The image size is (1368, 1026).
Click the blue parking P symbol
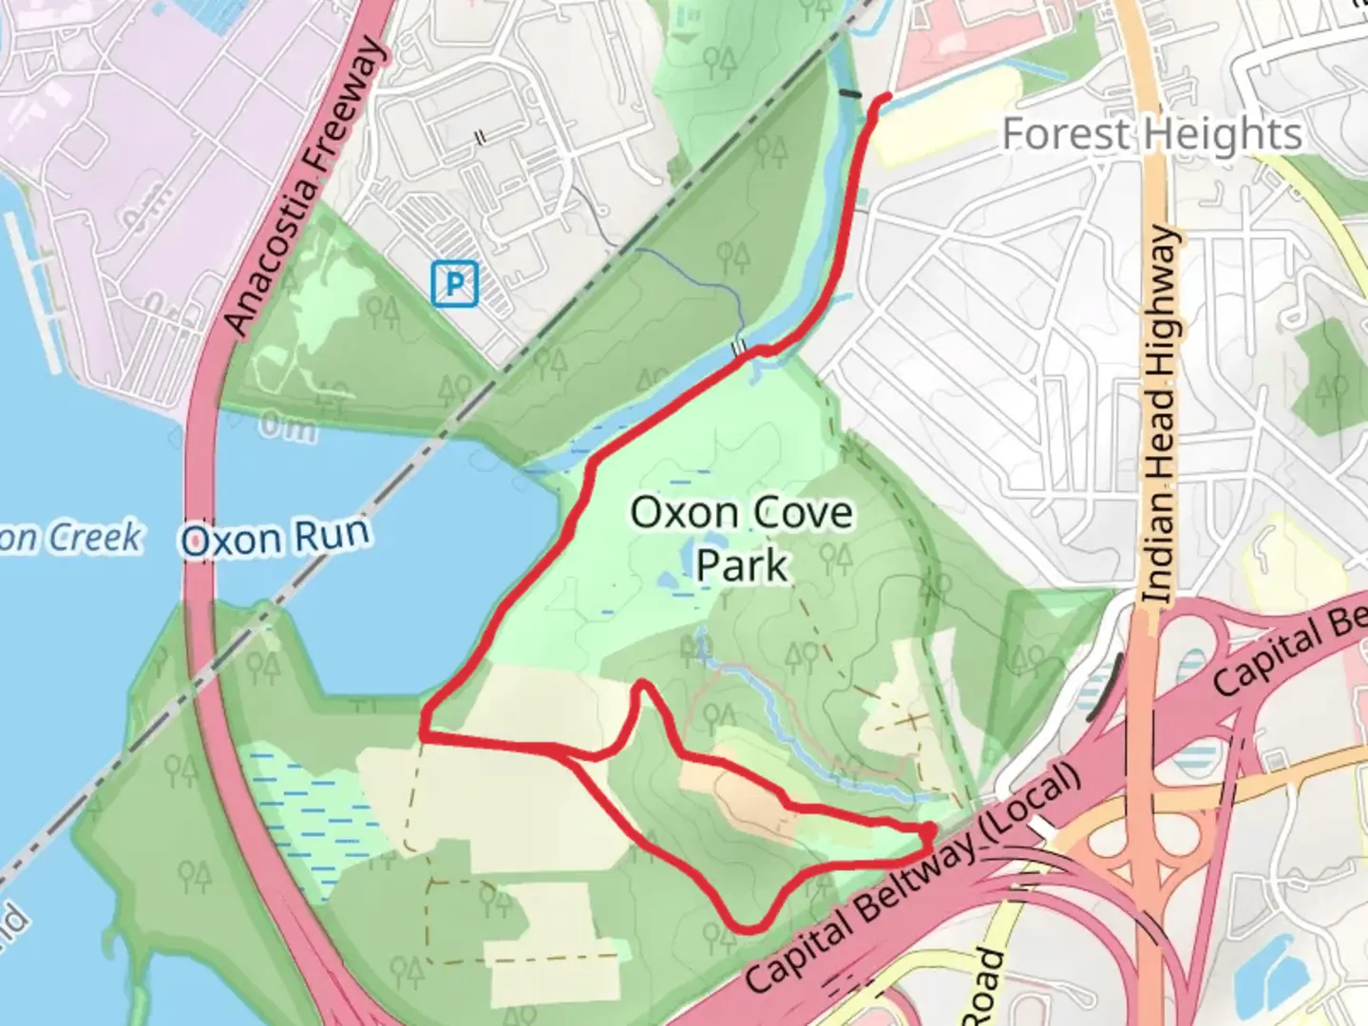(454, 284)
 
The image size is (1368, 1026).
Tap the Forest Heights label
(1151, 134)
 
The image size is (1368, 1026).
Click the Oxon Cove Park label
(742, 539)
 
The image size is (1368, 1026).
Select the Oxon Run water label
(275, 538)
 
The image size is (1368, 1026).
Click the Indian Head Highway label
(1161, 415)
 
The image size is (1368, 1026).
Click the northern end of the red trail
(886, 98)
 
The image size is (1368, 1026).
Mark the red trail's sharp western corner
(423, 733)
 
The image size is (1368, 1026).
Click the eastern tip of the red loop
(929, 834)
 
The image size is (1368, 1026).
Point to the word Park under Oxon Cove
(742, 565)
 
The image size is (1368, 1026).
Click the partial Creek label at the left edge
(71, 538)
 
